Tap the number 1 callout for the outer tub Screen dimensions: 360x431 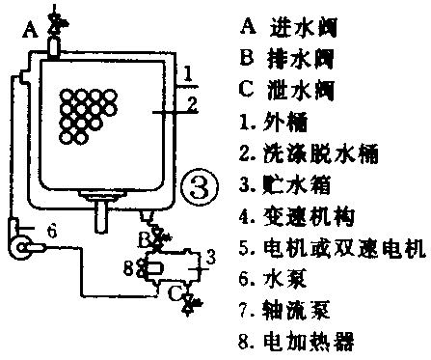(x=191, y=73)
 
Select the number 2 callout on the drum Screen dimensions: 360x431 (x=191, y=102)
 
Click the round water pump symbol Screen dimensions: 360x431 (x=19, y=248)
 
